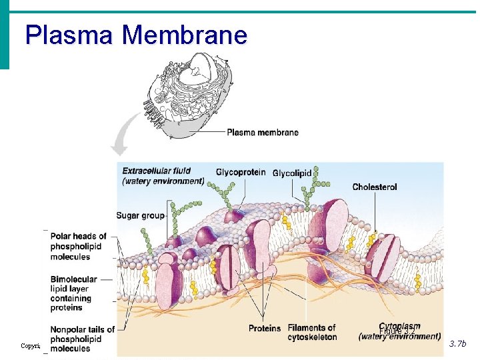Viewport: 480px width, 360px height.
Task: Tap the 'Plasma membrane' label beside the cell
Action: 262,132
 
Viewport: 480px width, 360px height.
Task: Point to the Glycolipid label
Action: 291,173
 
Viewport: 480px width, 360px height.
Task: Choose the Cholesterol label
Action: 374,187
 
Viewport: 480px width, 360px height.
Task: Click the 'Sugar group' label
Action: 140,215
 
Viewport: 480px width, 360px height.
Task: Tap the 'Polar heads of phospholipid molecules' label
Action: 79,246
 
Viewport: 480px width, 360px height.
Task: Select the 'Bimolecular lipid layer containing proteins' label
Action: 73,293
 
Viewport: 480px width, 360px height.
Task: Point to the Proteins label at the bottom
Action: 265,328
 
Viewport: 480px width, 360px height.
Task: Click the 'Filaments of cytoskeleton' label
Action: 311,332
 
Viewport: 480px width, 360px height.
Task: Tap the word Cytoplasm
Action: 399,327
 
